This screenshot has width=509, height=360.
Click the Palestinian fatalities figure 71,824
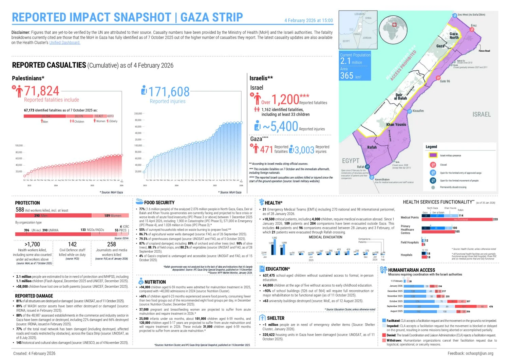pyautogui.click(x=41, y=91)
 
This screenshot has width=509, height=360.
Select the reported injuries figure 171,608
pyautogui.click(x=169, y=92)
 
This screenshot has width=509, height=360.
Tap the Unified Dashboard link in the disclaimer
pyautogui.click(x=64, y=42)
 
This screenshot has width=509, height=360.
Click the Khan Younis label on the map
pyautogui.click(x=396, y=124)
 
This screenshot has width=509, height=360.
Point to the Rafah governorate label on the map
pyautogui.click(x=372, y=147)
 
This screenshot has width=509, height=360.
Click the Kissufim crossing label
pyautogui.click(x=418, y=111)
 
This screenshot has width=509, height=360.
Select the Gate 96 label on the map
pyautogui.click(x=445, y=81)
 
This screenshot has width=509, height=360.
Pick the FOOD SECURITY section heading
pyautogui.click(x=159, y=202)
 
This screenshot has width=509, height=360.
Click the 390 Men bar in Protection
pyautogui.click(x=53, y=215)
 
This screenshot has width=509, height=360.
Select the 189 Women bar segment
pyautogui.click(x=110, y=215)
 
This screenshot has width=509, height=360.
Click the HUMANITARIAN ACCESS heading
pyautogui.click(x=411, y=270)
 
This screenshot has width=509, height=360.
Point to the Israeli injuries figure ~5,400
pyautogui.click(x=280, y=127)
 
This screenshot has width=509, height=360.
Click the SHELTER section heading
pyautogui.click(x=276, y=318)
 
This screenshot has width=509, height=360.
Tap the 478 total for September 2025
pyautogui.click(x=491, y=307)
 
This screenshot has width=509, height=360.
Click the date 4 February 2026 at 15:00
pyautogui.click(x=308, y=20)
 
